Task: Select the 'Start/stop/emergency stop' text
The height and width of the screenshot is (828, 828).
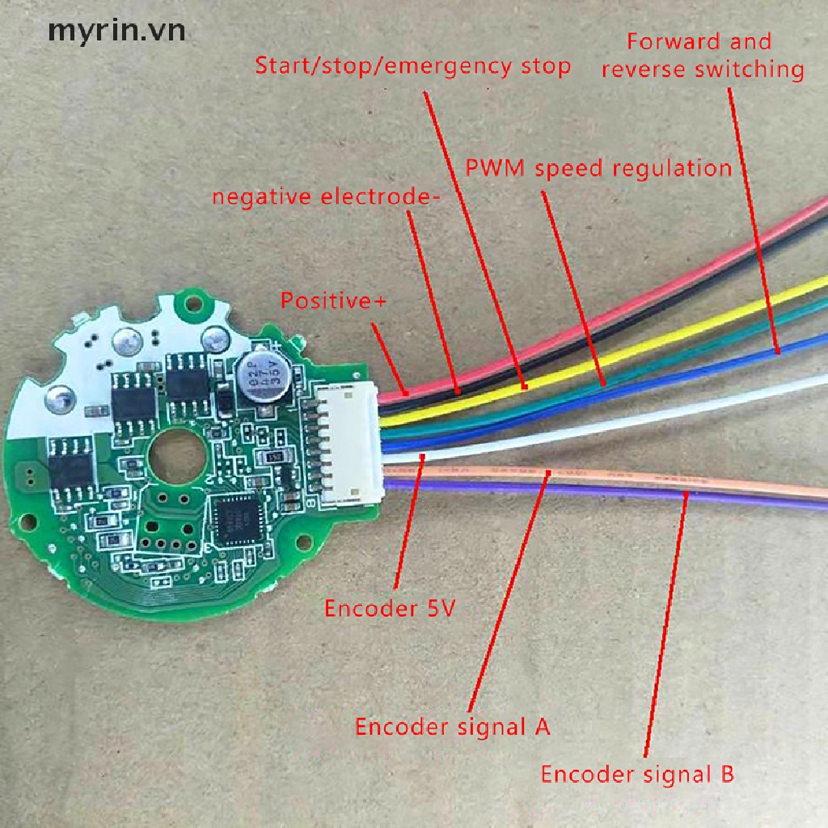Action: point(412,65)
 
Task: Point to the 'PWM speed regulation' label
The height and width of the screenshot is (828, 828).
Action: point(598,168)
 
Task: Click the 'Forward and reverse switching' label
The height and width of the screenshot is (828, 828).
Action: point(702,55)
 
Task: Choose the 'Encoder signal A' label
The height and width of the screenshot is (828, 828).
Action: point(453,726)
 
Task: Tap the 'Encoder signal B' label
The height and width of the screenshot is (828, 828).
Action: point(637,774)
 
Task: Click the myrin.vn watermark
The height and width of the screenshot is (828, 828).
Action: point(116,31)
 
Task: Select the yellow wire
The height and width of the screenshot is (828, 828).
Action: point(647,339)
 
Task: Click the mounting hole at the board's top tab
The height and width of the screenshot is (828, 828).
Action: point(192,305)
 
